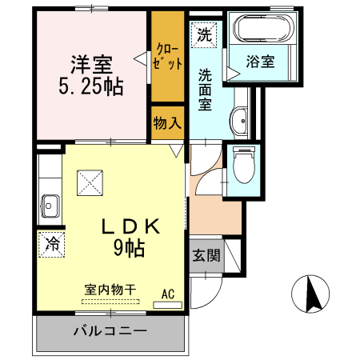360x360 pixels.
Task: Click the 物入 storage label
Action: [168, 124]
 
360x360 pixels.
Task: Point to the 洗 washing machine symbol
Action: [203, 34]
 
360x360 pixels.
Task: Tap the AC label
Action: [168, 294]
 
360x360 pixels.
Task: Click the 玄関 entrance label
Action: [206, 256]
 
